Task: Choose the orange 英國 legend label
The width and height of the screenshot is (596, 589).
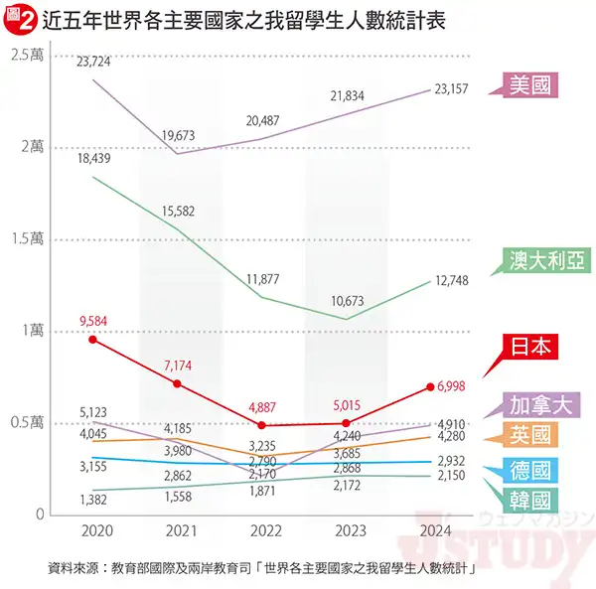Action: click(532, 434)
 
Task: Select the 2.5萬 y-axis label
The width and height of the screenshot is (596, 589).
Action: click(28, 55)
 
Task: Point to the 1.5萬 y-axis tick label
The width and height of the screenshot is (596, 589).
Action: click(28, 239)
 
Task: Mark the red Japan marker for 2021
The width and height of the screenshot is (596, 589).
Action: click(178, 383)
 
